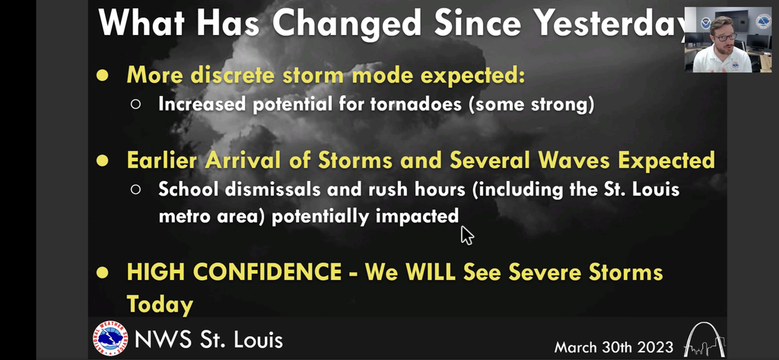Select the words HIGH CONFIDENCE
234,272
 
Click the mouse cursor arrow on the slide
467,235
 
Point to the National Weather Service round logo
110,339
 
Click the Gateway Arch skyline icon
704,339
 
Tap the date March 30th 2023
614,346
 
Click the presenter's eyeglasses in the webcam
723,37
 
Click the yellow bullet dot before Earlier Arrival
103,161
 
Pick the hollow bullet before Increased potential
135,104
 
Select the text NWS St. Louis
208,339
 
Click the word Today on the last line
160,304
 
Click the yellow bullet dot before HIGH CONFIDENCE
103,272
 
